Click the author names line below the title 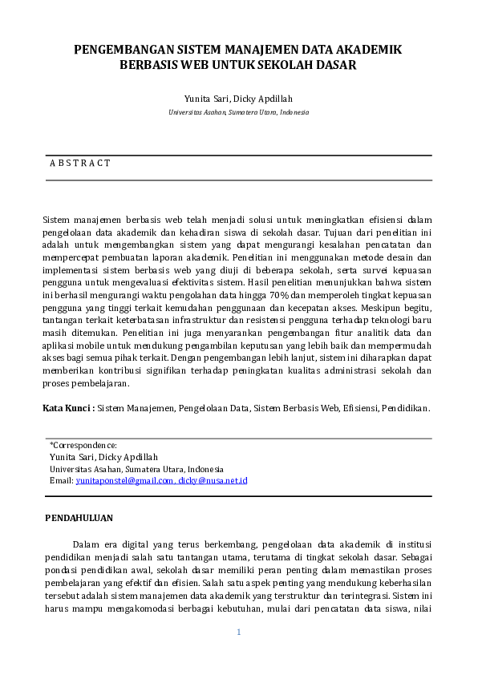tap(238, 99)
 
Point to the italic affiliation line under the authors tap(238, 113)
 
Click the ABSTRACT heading tap(80, 163)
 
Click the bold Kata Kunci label tap(67, 408)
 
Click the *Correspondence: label tap(83, 445)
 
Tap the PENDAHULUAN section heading tap(79, 518)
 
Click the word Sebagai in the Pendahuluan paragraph tap(415, 555)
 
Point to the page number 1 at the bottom tap(238, 633)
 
